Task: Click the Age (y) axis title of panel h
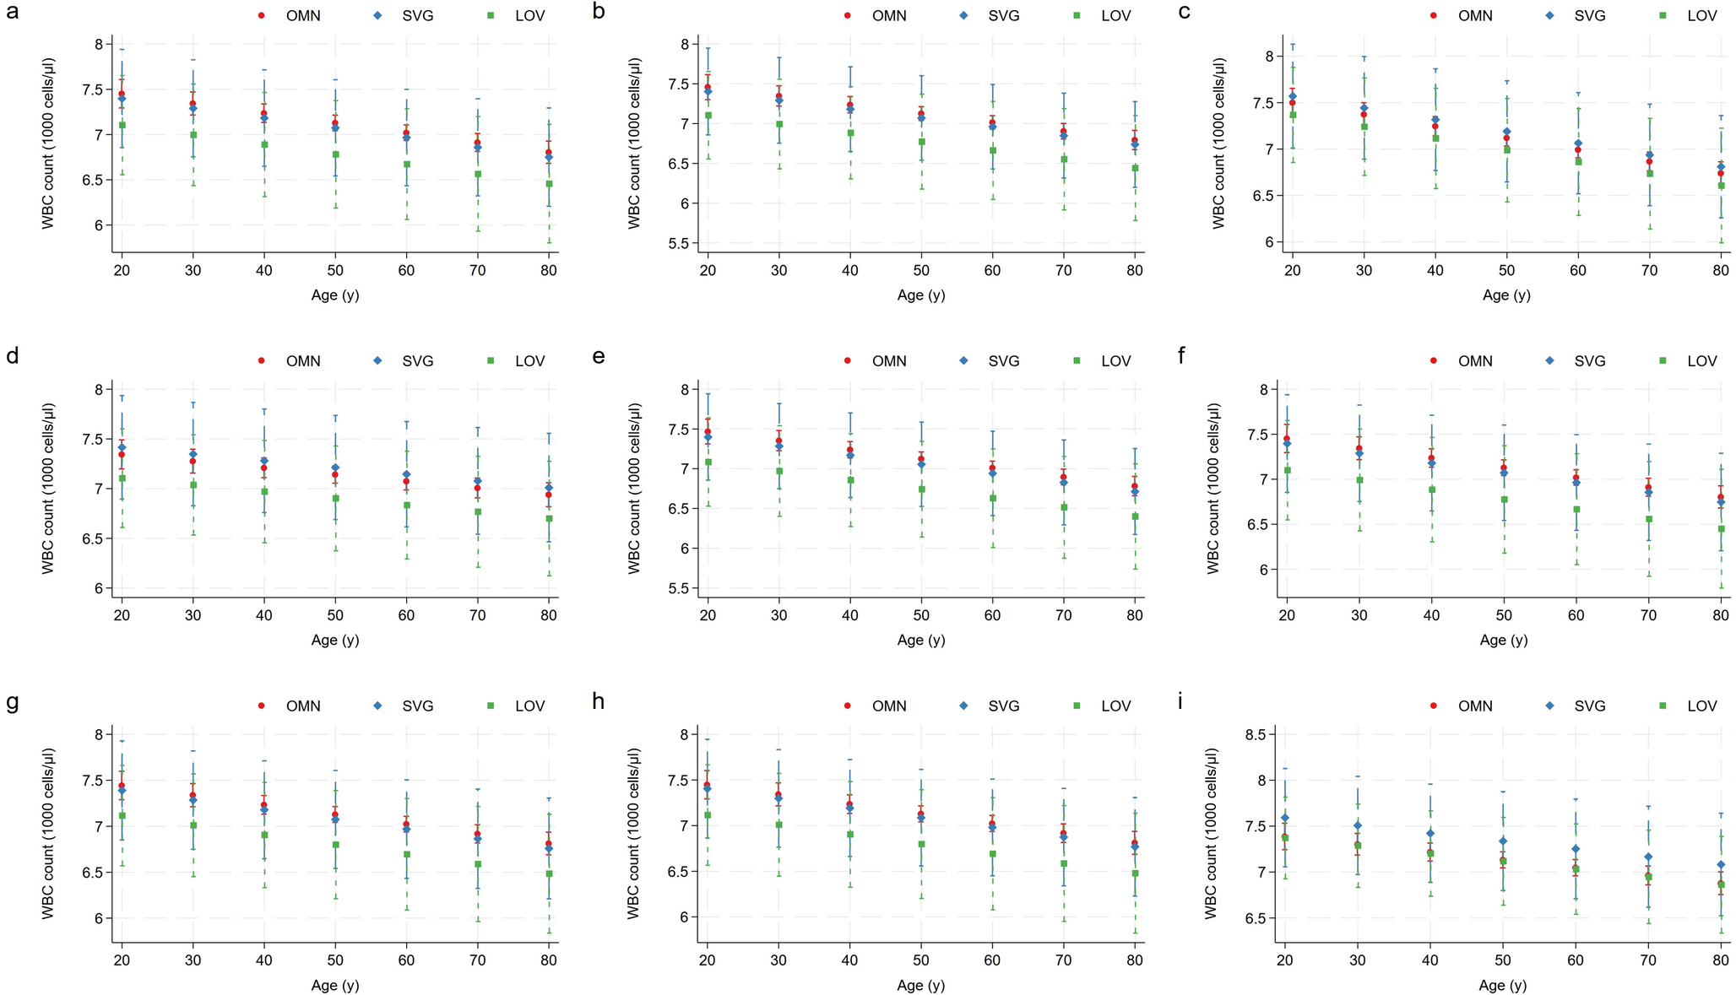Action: (x=920, y=985)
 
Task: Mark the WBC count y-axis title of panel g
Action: (x=48, y=833)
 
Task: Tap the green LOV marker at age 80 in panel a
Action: (x=549, y=184)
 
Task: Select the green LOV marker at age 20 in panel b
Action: (x=708, y=116)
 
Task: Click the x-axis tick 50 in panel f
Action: (x=1503, y=616)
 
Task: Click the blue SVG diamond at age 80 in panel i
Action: (x=1720, y=865)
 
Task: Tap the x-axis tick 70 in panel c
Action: (x=1649, y=271)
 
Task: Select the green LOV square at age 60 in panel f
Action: (x=1576, y=510)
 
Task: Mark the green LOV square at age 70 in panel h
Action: (x=1064, y=864)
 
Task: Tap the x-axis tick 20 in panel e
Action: (x=708, y=616)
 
